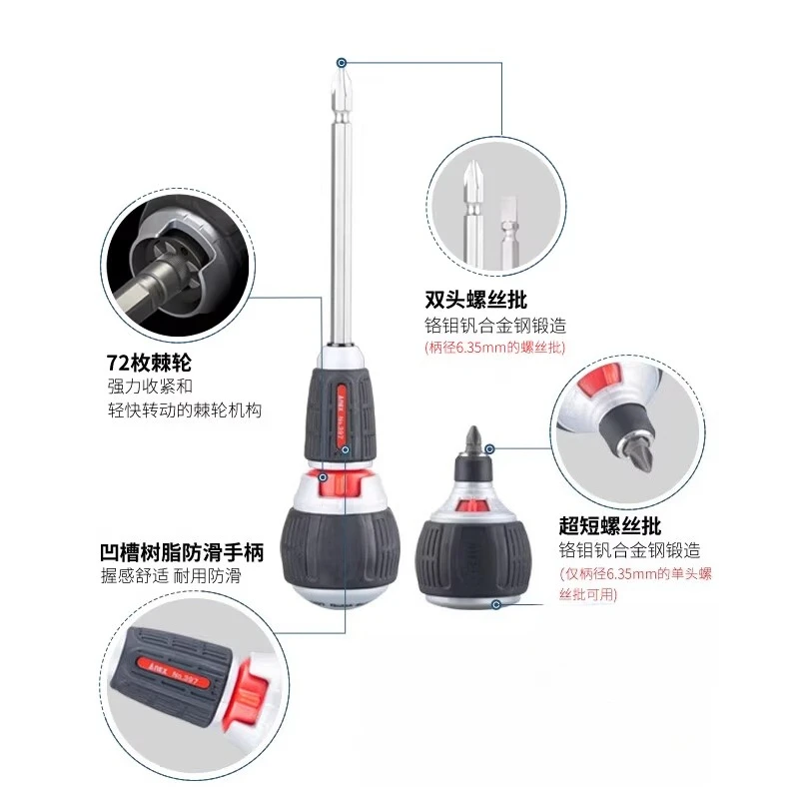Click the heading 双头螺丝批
pos(476,300)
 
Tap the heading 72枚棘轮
pos(149,363)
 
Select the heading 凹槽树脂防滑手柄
pos(182,552)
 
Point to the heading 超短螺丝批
pos(610,526)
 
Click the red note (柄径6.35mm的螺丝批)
pos(494,348)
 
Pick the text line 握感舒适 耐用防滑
pos(171,576)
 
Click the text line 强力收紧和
pos(150,387)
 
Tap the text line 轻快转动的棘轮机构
pos(185,410)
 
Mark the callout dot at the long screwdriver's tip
pos(342,63)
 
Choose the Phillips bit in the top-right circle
pos(473,214)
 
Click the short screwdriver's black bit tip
pos(473,439)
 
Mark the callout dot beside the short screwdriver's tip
pos(489,448)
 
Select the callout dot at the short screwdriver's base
pos(496,604)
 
